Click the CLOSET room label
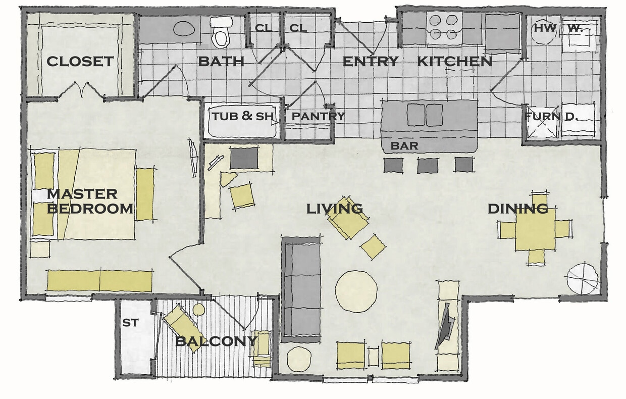[x=80, y=62]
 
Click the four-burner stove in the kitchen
[x=445, y=28]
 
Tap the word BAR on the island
[x=404, y=146]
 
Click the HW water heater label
[x=545, y=28]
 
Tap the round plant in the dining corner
[x=582, y=278]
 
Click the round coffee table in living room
[x=356, y=290]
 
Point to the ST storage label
[x=130, y=322]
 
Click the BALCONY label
[x=216, y=341]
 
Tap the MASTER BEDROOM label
[x=90, y=201]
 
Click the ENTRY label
[x=371, y=62]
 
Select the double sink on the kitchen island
[x=425, y=115]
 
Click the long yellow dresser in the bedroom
[x=99, y=281]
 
